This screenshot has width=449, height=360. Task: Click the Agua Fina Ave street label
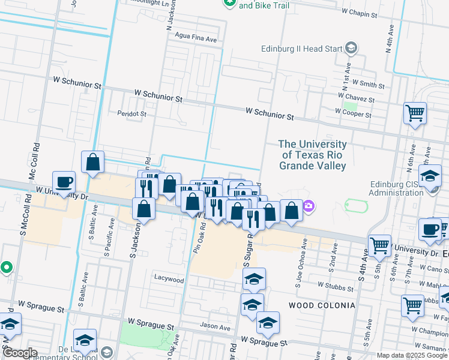195,38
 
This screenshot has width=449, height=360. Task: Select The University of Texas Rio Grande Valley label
312,155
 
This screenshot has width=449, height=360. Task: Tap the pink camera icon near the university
309,206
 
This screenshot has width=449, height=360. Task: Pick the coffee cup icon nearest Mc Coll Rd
64,182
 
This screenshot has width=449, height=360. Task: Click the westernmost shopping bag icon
93,162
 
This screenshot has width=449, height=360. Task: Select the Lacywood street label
169,279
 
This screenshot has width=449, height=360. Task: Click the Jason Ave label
215,328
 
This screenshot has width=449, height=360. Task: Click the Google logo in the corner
20,353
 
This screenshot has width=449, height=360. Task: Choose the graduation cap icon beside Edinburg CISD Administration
430,176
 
